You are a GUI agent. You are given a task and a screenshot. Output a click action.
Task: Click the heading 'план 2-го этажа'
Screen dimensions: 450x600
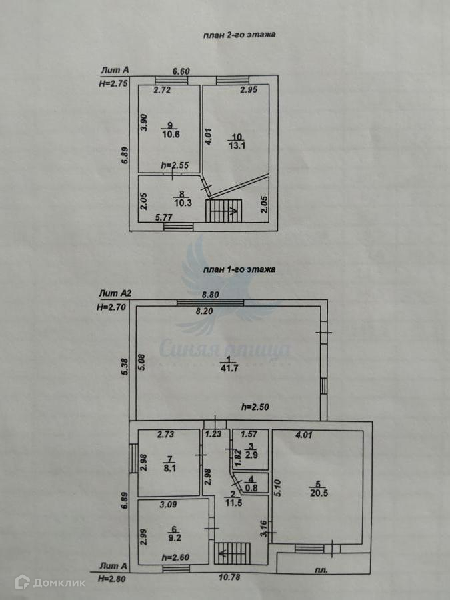coord(239,35)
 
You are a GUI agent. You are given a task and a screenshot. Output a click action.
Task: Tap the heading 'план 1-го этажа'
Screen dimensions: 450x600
coord(239,270)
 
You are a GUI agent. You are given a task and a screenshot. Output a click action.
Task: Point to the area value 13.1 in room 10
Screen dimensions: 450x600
coord(237,147)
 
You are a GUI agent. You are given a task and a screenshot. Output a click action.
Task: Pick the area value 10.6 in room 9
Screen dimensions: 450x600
coord(170,133)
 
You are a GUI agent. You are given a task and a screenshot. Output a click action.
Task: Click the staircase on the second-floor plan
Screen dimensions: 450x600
coord(224,213)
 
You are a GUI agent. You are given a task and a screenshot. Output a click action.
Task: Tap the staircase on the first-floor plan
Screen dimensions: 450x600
coord(232,552)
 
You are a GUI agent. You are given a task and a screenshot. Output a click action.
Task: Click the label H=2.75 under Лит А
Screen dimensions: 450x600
coord(113,83)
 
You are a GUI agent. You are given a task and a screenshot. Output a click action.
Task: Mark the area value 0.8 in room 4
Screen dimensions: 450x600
coord(251,487)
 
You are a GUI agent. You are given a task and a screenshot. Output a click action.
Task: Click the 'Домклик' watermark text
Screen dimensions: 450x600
coord(59,583)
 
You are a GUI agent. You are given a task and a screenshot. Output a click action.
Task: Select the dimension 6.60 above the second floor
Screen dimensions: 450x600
coord(181,71)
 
